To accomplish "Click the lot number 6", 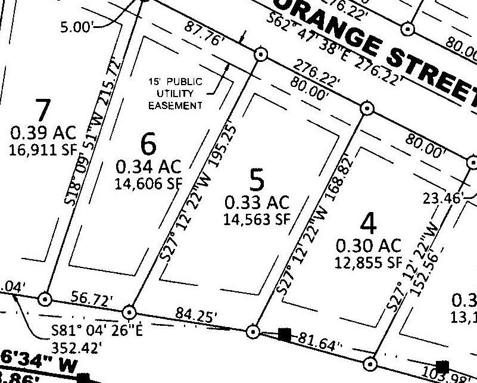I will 148,144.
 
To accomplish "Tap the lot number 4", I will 369,223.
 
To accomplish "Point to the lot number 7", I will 43,110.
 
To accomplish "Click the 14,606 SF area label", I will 148,183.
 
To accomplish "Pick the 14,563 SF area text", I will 256,219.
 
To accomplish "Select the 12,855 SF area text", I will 369,261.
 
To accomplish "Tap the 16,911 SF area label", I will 43,149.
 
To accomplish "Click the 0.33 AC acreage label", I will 257,202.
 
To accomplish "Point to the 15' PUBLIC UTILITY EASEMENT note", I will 176,94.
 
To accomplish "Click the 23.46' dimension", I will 441,198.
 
